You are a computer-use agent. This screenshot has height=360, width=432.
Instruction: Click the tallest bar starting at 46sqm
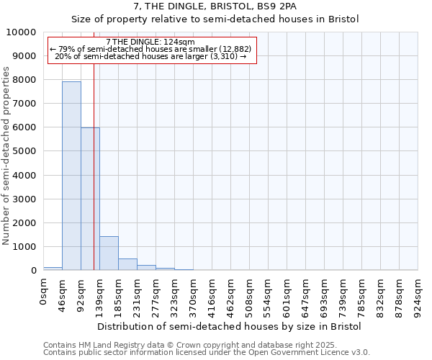click(x=71, y=176)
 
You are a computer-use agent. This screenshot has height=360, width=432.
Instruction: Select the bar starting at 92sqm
click(x=90, y=199)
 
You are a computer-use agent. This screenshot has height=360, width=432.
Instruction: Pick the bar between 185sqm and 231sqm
click(x=127, y=264)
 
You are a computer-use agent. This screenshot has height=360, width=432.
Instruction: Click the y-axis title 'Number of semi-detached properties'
click(x=6, y=156)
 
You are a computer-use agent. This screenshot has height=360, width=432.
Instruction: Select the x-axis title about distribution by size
click(x=230, y=326)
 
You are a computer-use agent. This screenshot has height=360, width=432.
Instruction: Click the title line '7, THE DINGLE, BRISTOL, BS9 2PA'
click(x=215, y=6)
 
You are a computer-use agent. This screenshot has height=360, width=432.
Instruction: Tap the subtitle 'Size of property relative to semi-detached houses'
click(x=215, y=19)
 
